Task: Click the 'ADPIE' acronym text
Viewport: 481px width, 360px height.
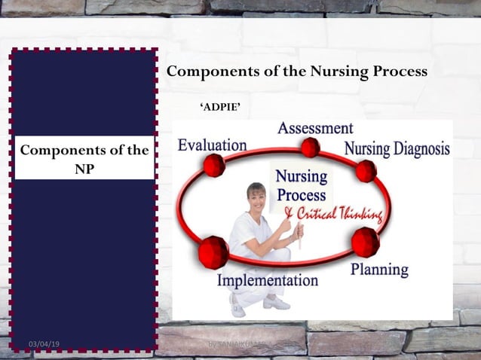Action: [220, 108]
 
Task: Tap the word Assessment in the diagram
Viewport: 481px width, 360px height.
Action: [315, 128]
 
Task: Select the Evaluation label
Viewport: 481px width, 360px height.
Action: [212, 145]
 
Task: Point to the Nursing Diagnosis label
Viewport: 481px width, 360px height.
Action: [397, 148]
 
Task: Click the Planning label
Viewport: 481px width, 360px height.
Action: [379, 269]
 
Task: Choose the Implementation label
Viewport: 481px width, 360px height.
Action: [268, 280]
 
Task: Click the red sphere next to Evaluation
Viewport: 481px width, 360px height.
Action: [214, 165]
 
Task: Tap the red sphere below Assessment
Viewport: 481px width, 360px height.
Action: [310, 147]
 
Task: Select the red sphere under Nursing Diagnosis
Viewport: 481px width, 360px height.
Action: [366, 171]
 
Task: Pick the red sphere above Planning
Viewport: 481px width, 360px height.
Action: [366, 242]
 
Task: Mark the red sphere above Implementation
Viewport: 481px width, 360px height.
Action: [213, 252]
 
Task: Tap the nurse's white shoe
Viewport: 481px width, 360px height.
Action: [277, 303]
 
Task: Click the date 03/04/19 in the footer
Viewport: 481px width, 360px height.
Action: [44, 344]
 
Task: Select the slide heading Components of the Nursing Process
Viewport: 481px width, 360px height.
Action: [296, 72]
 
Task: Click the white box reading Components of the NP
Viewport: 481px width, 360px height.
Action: [84, 158]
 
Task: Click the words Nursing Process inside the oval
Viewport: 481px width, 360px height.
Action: [301, 185]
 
